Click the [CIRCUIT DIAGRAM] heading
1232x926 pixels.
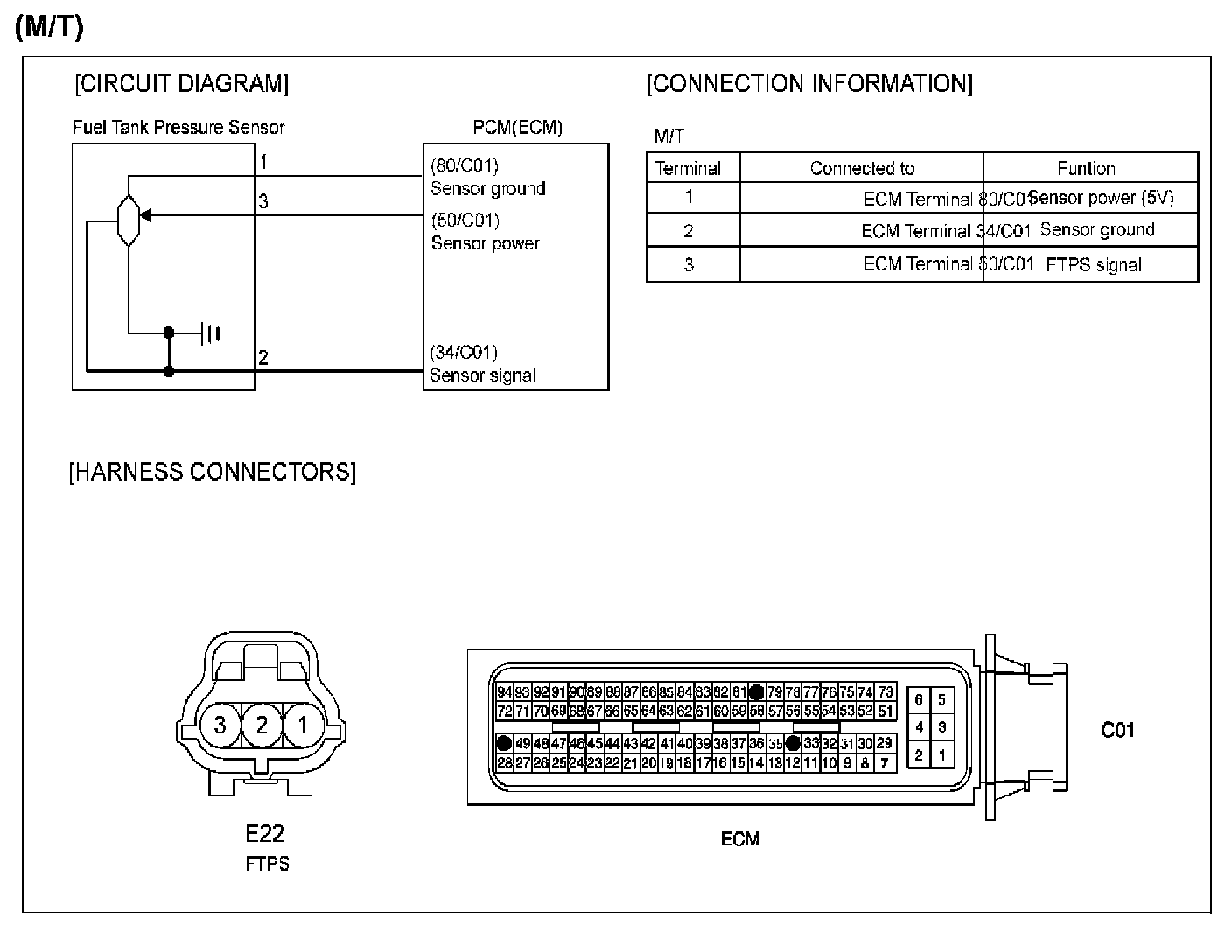(182, 84)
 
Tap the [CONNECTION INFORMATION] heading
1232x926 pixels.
(809, 84)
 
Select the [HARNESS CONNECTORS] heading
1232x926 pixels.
(213, 472)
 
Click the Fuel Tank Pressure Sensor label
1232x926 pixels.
(178, 128)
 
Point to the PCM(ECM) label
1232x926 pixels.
(517, 128)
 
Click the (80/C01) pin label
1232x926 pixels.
(465, 165)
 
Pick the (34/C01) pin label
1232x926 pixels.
(464, 352)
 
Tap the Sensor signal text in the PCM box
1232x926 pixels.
(482, 375)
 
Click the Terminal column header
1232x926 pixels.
(688, 168)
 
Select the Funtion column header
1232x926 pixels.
(1086, 168)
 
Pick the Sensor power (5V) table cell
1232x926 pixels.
(1100, 198)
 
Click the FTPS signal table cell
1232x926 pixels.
(1094, 265)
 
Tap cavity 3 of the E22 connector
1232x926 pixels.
(220, 725)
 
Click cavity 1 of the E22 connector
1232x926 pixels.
(303, 725)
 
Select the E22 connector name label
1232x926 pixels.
(266, 832)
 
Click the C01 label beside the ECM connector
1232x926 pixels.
(1118, 729)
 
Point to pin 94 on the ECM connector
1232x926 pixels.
(504, 692)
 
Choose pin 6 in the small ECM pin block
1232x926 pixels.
(919, 699)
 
